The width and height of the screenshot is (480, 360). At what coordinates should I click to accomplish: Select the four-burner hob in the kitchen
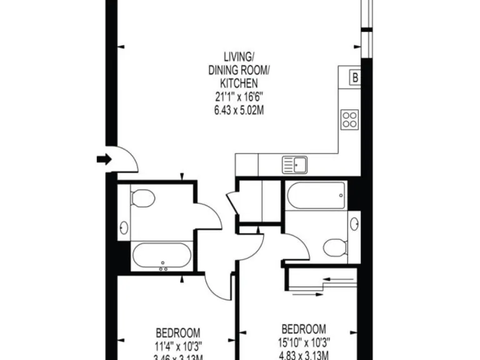click(x=349, y=118)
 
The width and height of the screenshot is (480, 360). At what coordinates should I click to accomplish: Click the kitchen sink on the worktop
click(x=295, y=166)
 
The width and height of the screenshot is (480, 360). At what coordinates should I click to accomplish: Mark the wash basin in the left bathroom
click(x=124, y=228)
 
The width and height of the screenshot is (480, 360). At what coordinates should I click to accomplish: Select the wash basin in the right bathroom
click(x=355, y=222)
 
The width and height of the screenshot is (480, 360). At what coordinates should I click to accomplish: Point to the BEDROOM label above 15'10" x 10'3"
click(x=304, y=329)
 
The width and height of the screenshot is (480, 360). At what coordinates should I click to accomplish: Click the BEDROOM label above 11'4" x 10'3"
click(x=178, y=332)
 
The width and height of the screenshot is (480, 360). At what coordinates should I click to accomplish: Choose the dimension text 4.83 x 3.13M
click(x=304, y=354)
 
